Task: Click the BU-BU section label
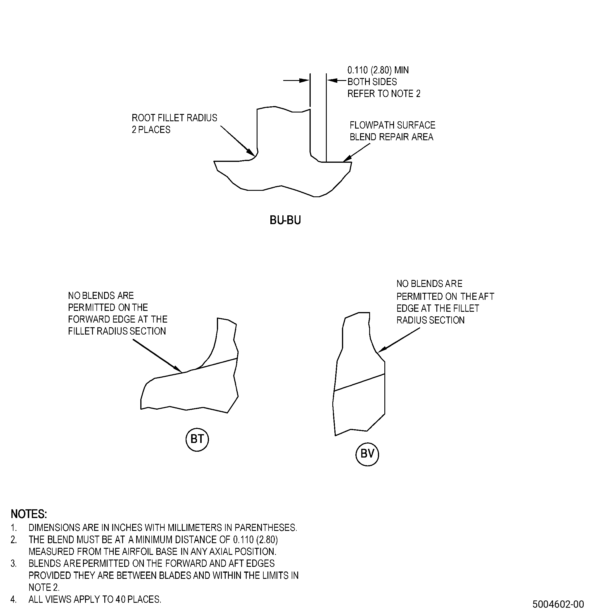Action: [x=285, y=221]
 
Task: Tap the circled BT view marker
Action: [x=197, y=439]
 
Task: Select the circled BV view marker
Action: [x=367, y=454]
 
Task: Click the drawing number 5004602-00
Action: [x=558, y=604]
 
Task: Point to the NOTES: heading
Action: [x=29, y=514]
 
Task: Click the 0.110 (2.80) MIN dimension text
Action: [x=378, y=70]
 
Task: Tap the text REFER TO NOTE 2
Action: [x=384, y=93]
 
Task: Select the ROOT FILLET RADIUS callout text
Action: [x=174, y=118]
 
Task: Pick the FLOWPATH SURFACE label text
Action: [x=392, y=125]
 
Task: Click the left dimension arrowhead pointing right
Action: [x=304, y=81]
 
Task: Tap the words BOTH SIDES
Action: [x=372, y=82]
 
